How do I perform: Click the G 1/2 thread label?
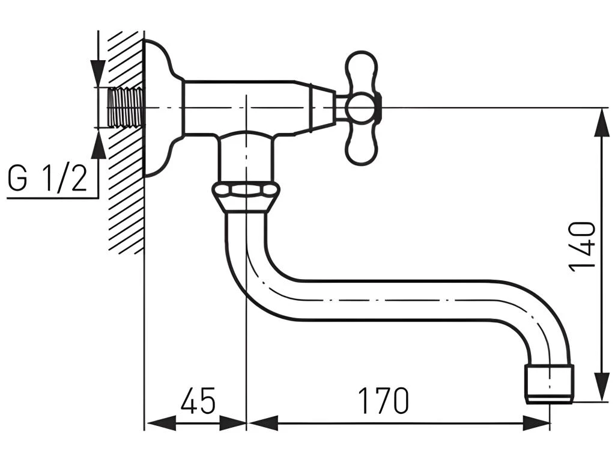pos(47,179)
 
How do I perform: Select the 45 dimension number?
pos(198,400)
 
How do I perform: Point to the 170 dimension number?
pos(383,400)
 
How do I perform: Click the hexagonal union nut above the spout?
pos(246,196)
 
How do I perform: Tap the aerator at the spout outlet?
pos(549,383)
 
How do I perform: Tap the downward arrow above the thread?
pos(98,73)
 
